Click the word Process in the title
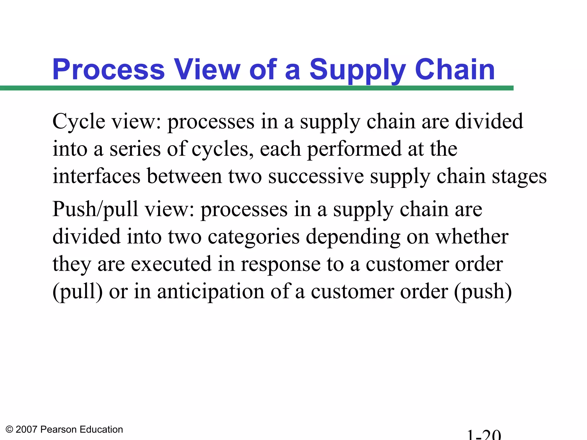[108, 70]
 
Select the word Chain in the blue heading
[455, 70]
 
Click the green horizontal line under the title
[257, 88]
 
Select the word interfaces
[97, 176]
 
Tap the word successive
[316, 176]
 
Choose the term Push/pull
[95, 209]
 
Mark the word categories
[254, 237]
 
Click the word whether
[472, 237]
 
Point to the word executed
[171, 264]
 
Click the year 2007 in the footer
[26, 429]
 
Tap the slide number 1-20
[484, 435]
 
